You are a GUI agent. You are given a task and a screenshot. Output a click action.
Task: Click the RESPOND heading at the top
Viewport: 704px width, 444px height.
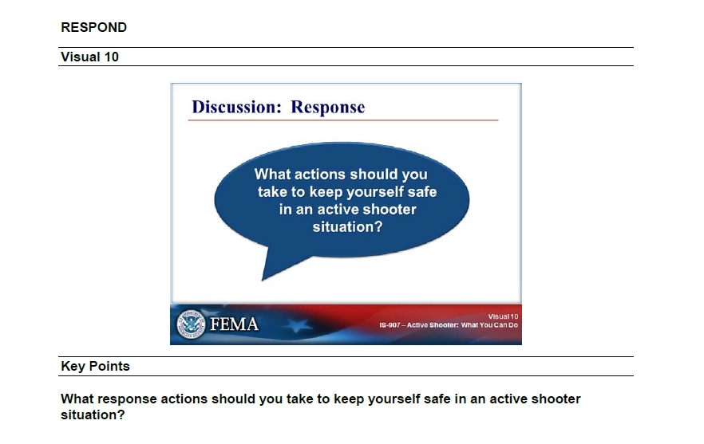pyautogui.click(x=94, y=27)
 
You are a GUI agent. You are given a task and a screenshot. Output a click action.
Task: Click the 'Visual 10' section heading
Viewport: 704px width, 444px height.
pyautogui.click(x=89, y=57)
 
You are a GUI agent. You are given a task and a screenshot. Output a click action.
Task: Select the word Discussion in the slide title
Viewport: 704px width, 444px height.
pyautogui.click(x=236, y=107)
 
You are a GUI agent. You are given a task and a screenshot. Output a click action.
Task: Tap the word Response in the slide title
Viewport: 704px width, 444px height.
pyautogui.click(x=328, y=108)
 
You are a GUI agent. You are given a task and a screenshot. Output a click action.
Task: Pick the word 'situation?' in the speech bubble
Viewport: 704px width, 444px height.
pyautogui.click(x=347, y=227)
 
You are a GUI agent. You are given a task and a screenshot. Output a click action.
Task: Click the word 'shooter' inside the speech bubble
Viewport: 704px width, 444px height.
pyautogui.click(x=390, y=210)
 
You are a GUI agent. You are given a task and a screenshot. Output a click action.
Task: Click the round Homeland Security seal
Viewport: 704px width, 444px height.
pyautogui.click(x=191, y=324)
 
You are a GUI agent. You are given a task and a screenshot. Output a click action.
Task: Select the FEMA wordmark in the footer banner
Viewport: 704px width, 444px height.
pyautogui.click(x=234, y=324)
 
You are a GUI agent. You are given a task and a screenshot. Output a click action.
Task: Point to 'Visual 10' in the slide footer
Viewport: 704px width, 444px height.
pyautogui.click(x=503, y=316)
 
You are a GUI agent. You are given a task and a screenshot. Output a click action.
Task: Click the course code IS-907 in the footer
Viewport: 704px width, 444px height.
pyautogui.click(x=390, y=325)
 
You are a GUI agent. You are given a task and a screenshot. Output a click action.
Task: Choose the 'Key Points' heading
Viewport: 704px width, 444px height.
pyautogui.click(x=95, y=367)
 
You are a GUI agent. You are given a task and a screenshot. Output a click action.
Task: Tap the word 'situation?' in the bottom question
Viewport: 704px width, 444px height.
pyautogui.click(x=93, y=415)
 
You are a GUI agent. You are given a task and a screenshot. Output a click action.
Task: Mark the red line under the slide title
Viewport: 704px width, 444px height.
pyautogui.click(x=343, y=120)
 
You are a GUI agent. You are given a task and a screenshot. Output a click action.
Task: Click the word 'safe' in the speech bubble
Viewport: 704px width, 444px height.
pyautogui.click(x=422, y=192)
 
